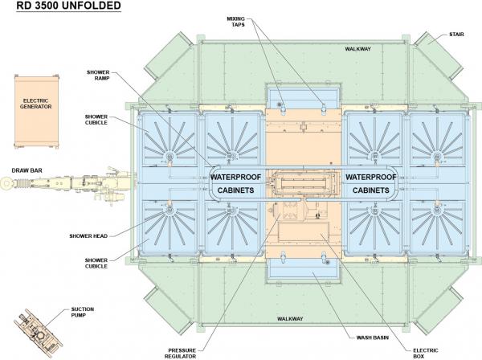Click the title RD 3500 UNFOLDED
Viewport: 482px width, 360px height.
68,6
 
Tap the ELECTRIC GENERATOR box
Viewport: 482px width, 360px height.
36,112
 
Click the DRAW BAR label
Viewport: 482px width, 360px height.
27,170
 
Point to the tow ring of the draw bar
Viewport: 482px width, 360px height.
6,184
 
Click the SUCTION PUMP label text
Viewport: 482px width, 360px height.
83,312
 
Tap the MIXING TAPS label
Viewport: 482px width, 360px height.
235,22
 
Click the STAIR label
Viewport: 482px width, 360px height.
456,35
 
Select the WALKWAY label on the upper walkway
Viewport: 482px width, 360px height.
357,49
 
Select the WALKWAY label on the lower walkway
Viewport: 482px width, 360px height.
290,319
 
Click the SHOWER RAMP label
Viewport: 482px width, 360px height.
98,75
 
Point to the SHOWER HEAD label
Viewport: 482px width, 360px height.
88,235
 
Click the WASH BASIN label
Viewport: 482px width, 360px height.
373,337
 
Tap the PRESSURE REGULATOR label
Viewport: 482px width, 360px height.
182,354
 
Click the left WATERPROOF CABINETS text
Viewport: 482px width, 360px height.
235,183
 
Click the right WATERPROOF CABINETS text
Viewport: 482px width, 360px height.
370,183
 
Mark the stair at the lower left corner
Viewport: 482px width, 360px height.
168,310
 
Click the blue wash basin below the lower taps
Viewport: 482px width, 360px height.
304,270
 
